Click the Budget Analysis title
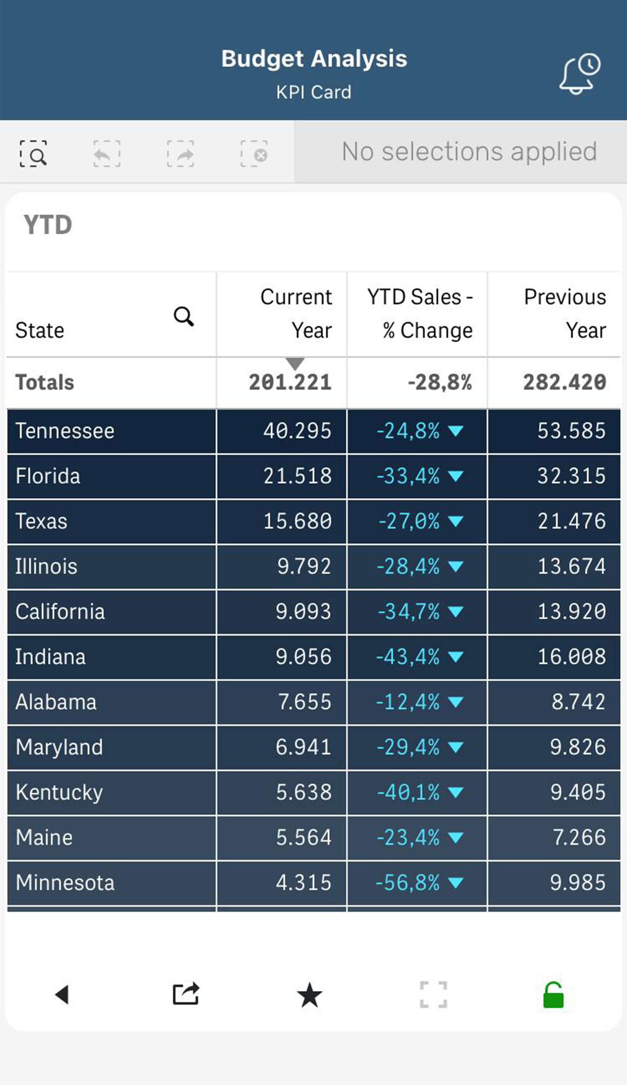pos(314,58)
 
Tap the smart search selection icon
pos(33,154)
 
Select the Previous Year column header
pos(564,313)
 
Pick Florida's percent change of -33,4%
pos(408,476)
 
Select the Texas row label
pos(41,521)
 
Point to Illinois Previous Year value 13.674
pos(572,567)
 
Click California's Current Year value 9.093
pos(303,612)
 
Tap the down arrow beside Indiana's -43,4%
pos(455,657)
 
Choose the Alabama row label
pos(56,702)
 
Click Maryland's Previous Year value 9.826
pos(578,748)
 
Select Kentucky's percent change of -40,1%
pos(408,793)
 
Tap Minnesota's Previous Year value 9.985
pos(578,883)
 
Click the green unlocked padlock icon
pos(553,995)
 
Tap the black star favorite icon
pos(309,995)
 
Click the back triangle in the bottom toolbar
pos(62,995)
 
